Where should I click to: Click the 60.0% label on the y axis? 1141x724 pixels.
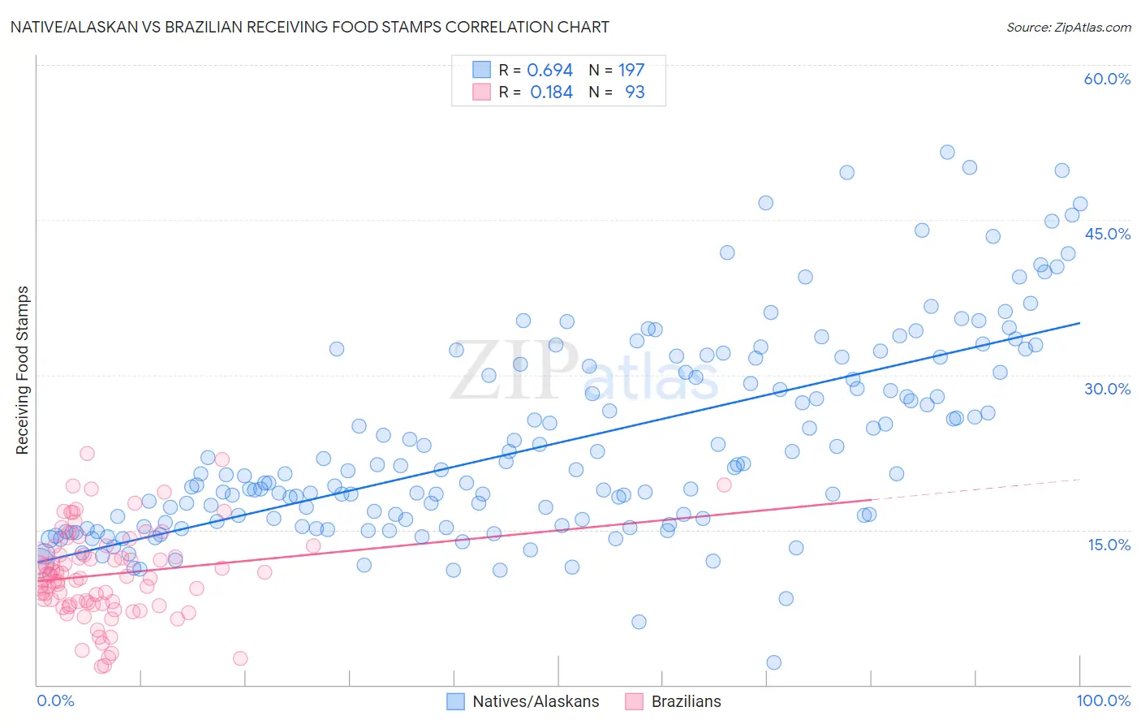[x=1107, y=79]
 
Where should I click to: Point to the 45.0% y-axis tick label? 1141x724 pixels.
[x=1107, y=234]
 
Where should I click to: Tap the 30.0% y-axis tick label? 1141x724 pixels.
[x=1107, y=389]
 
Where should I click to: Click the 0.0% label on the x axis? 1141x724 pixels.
[x=55, y=700]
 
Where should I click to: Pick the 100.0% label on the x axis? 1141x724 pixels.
[x=1103, y=700]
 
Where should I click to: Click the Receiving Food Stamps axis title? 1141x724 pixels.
[x=23, y=370]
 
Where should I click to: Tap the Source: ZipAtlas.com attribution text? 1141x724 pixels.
[x=1068, y=27]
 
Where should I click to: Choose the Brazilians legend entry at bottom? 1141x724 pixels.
[x=686, y=701]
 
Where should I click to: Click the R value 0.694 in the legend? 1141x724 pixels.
[x=549, y=71]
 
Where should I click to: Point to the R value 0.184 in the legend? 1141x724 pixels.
[x=551, y=93]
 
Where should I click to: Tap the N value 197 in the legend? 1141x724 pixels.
[x=631, y=71]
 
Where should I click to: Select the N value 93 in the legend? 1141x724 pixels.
[x=635, y=93]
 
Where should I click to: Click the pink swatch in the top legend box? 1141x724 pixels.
[x=481, y=93]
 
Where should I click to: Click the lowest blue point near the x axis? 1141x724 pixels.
[x=773, y=662]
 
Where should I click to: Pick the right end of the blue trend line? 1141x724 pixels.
[x=1080, y=323]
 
